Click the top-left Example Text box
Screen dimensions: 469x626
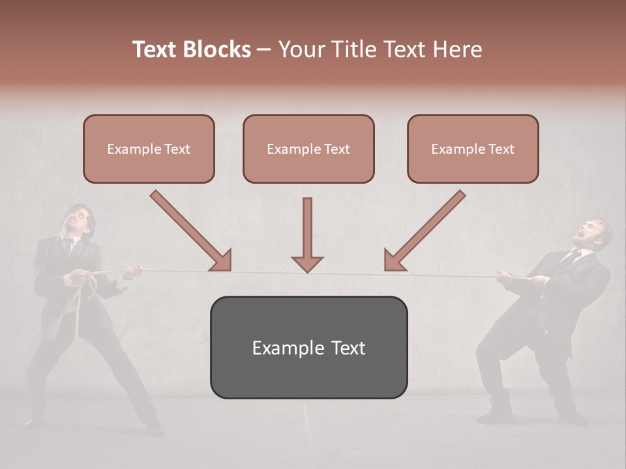coord(149,149)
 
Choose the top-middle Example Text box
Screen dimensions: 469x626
coord(308,149)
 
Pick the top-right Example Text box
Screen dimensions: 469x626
coord(473,149)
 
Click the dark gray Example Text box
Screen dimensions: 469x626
coord(308,347)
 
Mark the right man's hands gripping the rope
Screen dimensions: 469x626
coord(515,278)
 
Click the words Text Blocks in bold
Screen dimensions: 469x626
coord(192,50)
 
